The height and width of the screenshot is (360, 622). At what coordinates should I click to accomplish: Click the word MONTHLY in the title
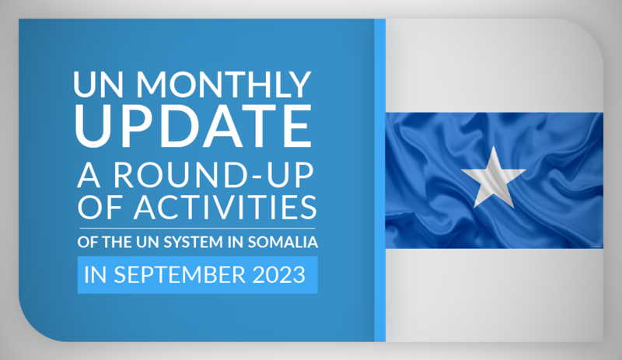[223, 84]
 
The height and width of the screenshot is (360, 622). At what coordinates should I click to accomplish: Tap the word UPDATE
[193, 126]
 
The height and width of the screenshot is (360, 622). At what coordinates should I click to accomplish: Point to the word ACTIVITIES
[225, 207]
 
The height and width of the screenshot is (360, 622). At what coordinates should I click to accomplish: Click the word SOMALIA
[283, 242]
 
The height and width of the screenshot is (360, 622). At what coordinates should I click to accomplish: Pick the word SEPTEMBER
[180, 274]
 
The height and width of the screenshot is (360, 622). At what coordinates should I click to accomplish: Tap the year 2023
[279, 274]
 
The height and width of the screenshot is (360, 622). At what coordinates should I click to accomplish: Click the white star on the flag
[494, 177]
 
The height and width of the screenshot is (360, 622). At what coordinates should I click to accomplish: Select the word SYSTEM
[193, 242]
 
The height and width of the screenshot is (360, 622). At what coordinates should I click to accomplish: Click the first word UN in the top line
[98, 84]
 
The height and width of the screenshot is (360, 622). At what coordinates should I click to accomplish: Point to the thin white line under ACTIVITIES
[197, 229]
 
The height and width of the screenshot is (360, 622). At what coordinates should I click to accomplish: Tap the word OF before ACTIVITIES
[101, 207]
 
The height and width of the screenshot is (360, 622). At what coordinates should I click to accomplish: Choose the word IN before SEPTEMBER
[95, 274]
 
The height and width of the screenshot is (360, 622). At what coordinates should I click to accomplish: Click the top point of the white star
[494, 146]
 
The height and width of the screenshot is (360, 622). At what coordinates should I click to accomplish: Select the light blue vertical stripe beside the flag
[379, 180]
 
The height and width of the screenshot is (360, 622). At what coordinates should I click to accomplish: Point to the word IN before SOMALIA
[236, 242]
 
